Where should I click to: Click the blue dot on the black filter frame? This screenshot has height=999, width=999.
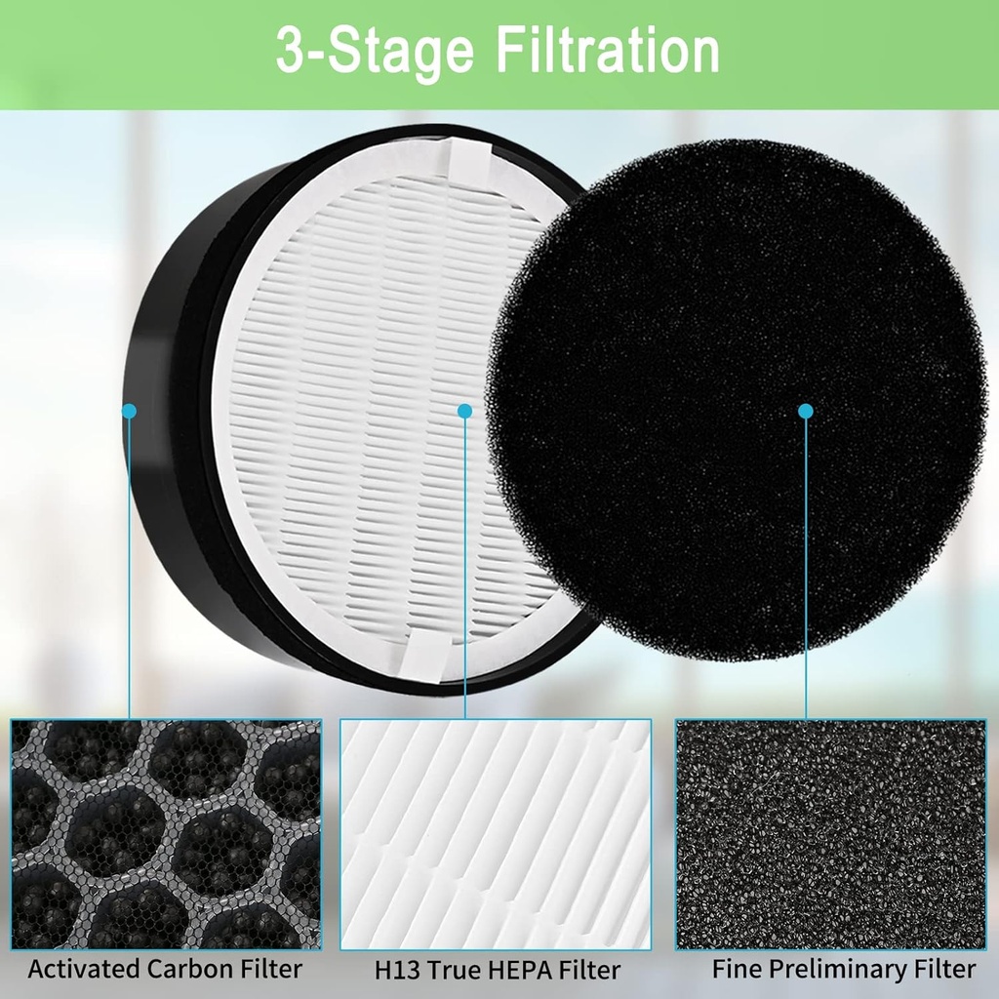tap(129, 411)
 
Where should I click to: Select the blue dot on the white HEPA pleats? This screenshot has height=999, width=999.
tap(464, 411)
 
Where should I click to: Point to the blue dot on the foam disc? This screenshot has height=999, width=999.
tap(805, 411)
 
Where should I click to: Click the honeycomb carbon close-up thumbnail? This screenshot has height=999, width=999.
tap(166, 834)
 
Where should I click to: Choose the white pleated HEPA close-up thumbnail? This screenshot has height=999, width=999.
tap(496, 834)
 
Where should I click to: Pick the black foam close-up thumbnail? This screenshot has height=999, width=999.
tap(830, 834)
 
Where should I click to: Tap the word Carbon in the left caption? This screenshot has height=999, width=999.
tap(191, 969)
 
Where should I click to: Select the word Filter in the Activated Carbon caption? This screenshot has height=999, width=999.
tap(271, 969)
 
